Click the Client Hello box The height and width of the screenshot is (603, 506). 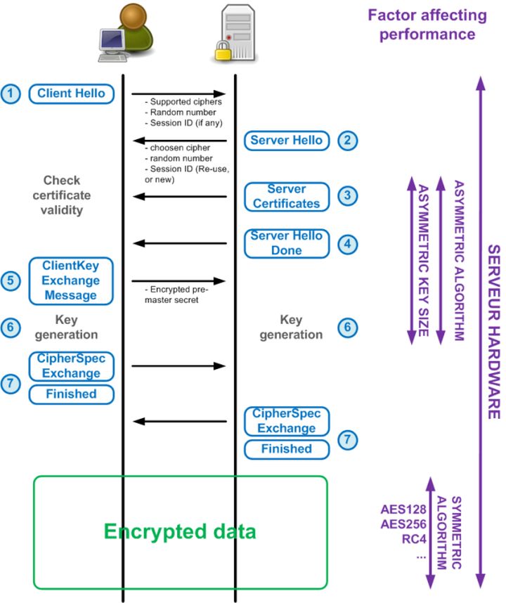point(71,93)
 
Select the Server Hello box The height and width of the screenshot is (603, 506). point(287,140)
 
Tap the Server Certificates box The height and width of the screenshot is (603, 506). point(287,196)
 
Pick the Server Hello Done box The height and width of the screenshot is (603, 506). point(287,243)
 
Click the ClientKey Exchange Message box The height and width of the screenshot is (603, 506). point(71,280)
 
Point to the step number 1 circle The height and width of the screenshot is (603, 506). point(11,93)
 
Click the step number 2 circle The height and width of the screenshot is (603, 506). point(346,140)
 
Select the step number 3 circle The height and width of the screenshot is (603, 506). point(346,196)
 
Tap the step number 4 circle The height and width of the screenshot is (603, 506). point(346,244)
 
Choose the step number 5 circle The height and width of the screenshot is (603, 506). point(11,280)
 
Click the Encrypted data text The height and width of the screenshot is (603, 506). point(181,531)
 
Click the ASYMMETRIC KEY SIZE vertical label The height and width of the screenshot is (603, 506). point(423,260)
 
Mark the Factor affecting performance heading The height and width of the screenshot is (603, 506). point(427,24)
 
